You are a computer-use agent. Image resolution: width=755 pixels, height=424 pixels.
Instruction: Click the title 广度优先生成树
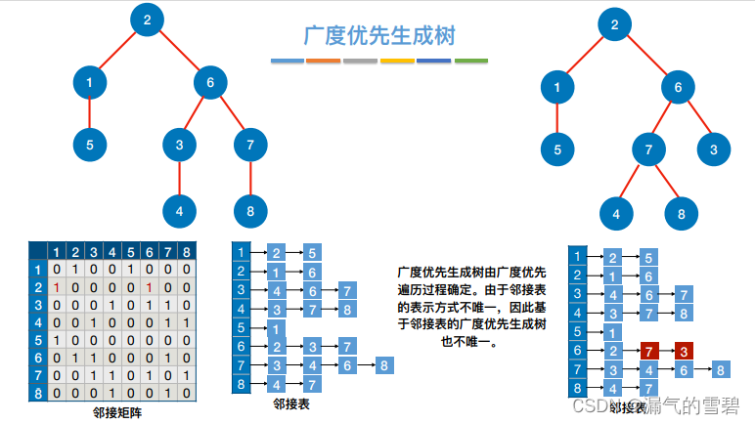pos(378,35)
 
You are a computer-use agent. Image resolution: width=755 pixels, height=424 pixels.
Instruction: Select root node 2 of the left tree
pos(147,21)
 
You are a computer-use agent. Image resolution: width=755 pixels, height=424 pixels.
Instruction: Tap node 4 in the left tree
pos(179,210)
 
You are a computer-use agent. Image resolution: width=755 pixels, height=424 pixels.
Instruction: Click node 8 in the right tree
pos(681,213)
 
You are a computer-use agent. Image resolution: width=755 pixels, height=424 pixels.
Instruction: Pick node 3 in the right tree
pos(714,150)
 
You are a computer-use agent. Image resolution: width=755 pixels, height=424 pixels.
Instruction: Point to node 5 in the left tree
pos(89,146)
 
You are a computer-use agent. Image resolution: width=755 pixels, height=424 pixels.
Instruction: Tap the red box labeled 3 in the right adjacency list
pos(684,351)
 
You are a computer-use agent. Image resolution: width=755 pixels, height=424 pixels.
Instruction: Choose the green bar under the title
pos(471,61)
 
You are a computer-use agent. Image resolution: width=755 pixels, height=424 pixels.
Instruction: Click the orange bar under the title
pos(324,61)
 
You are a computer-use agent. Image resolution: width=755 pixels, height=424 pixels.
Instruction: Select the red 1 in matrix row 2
pos(58,288)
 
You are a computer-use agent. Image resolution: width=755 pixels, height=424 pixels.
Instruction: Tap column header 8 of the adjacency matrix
pos(185,251)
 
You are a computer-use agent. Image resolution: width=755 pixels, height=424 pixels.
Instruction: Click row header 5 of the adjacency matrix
pos(38,341)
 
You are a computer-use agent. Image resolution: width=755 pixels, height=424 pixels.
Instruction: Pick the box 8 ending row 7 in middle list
pos(384,365)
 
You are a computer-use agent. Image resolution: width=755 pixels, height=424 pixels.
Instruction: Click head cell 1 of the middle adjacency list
pos(243,253)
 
